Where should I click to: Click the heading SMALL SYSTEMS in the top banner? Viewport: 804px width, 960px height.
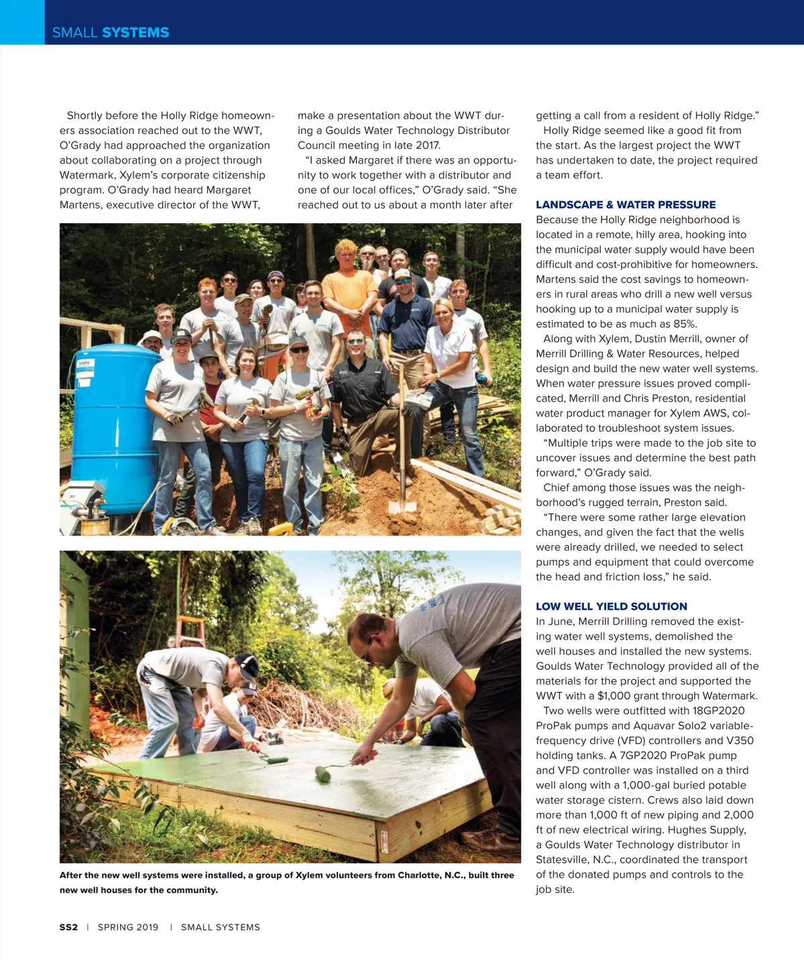click(111, 32)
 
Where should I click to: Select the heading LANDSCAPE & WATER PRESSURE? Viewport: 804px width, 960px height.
click(625, 204)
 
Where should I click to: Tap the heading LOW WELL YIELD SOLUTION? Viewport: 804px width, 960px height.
click(611, 606)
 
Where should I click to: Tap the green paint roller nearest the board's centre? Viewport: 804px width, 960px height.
click(323, 774)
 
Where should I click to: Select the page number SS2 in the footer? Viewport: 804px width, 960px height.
click(68, 927)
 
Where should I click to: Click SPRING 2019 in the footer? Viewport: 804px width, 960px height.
click(128, 927)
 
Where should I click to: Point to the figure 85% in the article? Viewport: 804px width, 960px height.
click(685, 324)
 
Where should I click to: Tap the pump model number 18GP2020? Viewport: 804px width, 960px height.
click(718, 711)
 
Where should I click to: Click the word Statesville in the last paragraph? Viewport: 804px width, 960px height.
click(563, 859)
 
